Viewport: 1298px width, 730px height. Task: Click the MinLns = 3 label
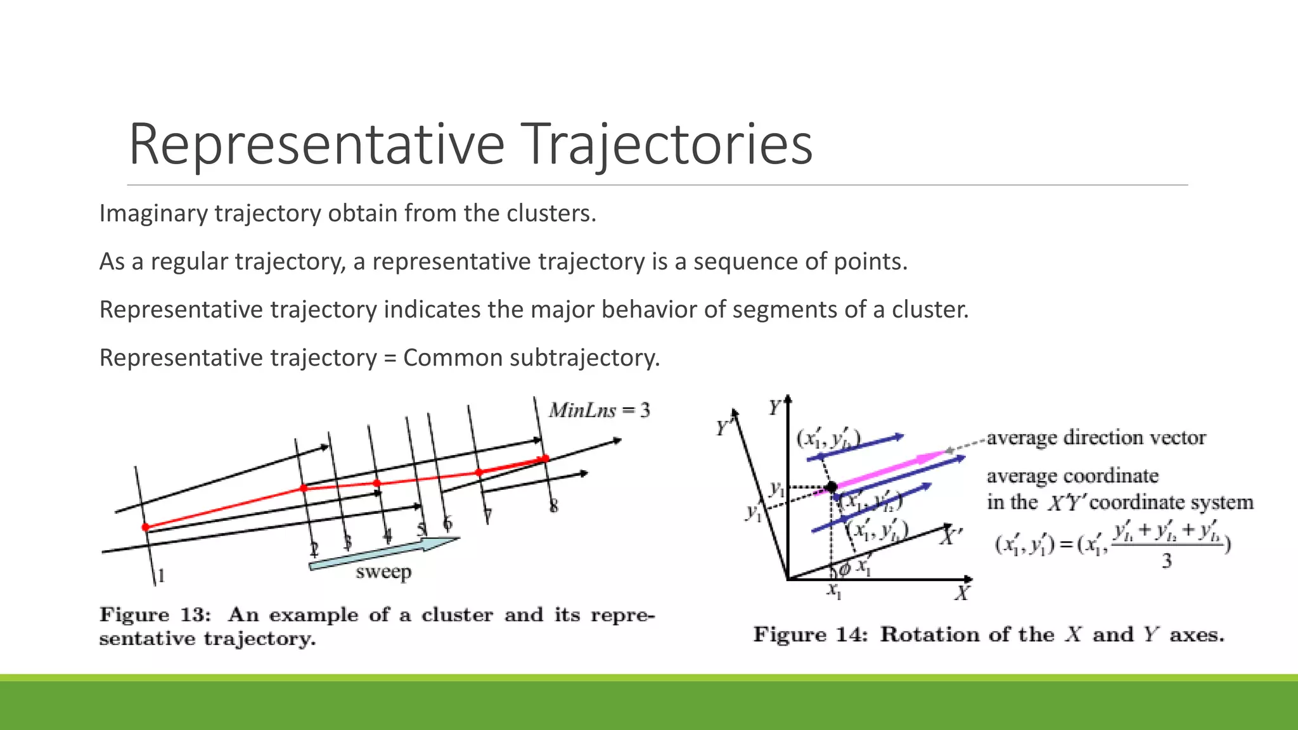(599, 411)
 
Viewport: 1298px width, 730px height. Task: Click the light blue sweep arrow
(383, 553)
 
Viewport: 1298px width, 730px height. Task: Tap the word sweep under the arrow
(383, 572)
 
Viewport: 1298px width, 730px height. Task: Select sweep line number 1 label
(161, 575)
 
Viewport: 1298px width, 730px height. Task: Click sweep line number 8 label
(553, 506)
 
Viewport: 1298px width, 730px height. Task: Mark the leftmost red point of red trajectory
(146, 527)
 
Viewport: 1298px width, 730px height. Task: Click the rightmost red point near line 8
(545, 458)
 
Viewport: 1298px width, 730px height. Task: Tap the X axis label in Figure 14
(962, 594)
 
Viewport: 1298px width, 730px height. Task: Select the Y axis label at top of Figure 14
(774, 408)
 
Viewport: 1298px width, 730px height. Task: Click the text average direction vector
(1096, 438)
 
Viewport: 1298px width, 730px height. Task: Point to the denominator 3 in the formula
(1166, 561)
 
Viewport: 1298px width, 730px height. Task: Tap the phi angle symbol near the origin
(844, 569)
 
